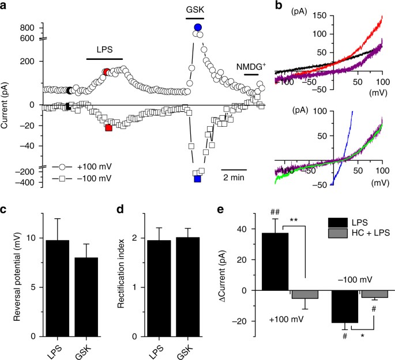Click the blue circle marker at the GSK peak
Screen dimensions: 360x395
(198, 27)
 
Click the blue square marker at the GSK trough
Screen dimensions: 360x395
(198, 179)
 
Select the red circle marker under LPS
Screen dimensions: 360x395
(106, 72)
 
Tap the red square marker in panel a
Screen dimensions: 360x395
(108, 128)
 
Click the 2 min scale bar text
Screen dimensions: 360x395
(235, 178)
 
